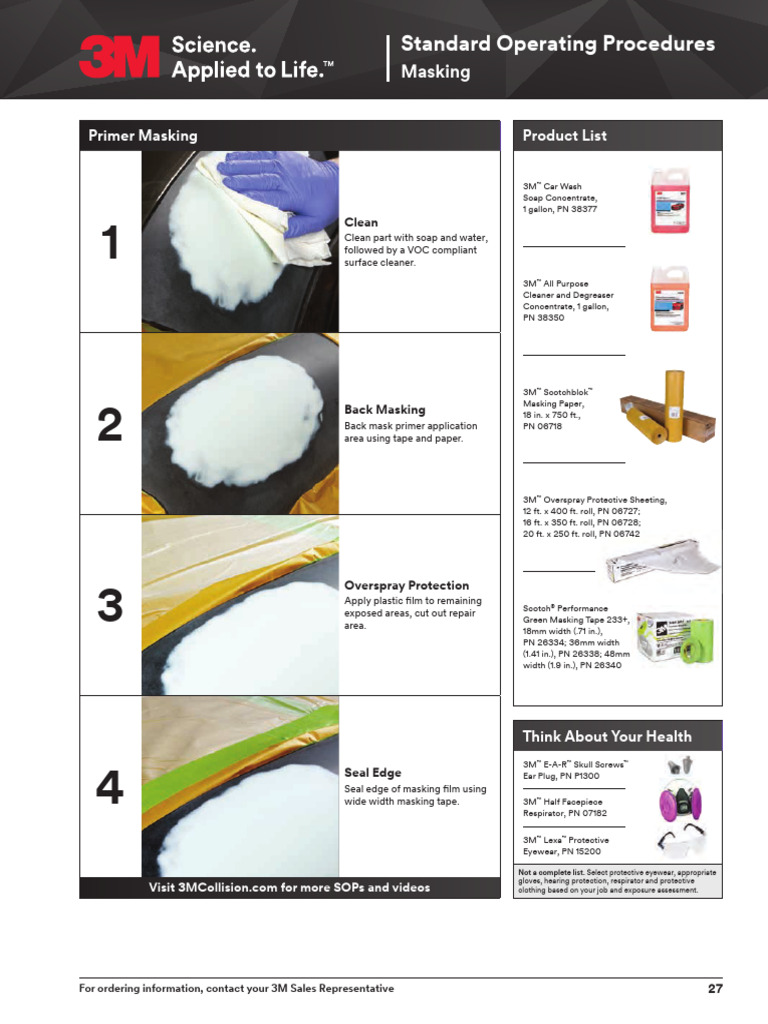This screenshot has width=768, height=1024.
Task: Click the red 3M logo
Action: click(120, 57)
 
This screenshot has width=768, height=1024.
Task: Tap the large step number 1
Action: click(110, 242)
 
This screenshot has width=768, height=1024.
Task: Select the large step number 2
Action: click(110, 424)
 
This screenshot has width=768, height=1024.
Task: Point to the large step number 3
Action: click(110, 605)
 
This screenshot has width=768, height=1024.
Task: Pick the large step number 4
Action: click(110, 787)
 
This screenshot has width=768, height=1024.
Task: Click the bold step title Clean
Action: click(360, 222)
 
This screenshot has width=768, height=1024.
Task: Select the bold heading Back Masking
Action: click(385, 409)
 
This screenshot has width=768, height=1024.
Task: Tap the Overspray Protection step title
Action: click(406, 585)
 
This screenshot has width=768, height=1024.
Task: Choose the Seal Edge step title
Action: click(372, 773)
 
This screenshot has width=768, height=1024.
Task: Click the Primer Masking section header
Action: click(142, 136)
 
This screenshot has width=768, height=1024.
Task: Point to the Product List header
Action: click(564, 136)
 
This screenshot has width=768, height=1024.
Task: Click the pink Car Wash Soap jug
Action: click(669, 200)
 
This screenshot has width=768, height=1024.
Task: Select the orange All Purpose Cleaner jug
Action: click(669, 298)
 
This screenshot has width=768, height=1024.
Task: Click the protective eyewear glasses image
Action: click(681, 840)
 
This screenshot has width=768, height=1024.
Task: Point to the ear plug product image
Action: click(680, 765)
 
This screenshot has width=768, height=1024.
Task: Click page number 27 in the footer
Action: click(715, 989)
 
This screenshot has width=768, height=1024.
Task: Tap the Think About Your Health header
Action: click(607, 737)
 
